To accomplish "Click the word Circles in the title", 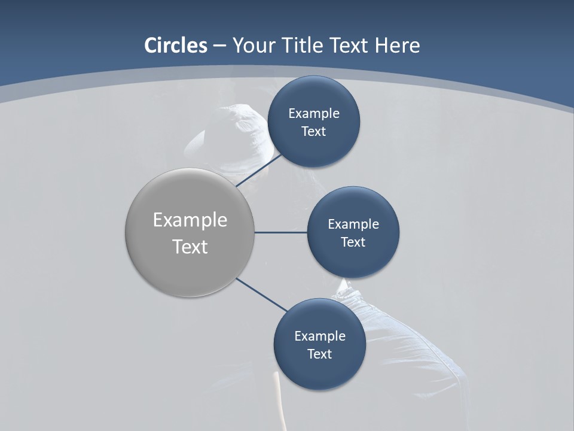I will pos(176,45).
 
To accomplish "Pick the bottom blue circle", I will pos(319,371).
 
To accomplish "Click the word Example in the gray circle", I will pos(190,220).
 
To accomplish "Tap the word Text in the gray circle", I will pos(190,247).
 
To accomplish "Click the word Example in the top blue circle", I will pos(314,114).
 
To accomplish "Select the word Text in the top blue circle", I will pos(314,132).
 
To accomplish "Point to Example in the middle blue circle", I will pos(353,224).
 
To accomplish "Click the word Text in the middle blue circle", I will pos(353,242).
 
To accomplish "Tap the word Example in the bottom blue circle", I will pos(320,336).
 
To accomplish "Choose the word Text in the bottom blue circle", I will pos(319,354).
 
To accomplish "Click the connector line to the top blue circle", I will pos(258,171).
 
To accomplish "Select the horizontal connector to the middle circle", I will pos(281,232).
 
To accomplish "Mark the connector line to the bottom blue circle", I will pos(262,295).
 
